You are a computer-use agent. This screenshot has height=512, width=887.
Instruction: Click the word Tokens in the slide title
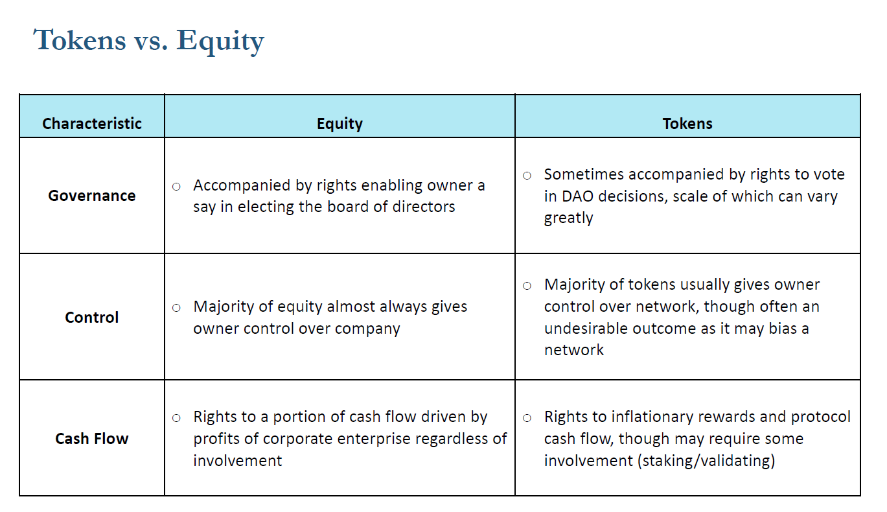pos(80,40)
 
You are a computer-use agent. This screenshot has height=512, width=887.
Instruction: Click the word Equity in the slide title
pos(220,42)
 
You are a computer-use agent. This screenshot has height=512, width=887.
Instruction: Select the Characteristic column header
pos(92,124)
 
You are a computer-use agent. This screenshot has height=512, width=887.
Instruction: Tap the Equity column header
pos(340,124)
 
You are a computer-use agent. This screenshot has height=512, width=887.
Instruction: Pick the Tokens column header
pos(687,124)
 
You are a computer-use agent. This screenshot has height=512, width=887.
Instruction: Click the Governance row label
pos(92,196)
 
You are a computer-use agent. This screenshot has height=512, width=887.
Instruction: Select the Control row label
pos(92,317)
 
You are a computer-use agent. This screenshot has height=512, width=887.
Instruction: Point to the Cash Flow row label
pos(92,439)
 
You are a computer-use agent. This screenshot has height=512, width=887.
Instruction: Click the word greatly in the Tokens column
pos(569,218)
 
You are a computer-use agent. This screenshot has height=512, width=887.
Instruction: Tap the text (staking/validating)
pos(706,461)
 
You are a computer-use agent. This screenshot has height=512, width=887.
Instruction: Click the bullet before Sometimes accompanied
pos(527,176)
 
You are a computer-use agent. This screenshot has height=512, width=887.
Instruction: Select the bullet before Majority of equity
pos(177,308)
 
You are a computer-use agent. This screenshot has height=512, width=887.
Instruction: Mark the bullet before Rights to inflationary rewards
pos(527,418)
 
